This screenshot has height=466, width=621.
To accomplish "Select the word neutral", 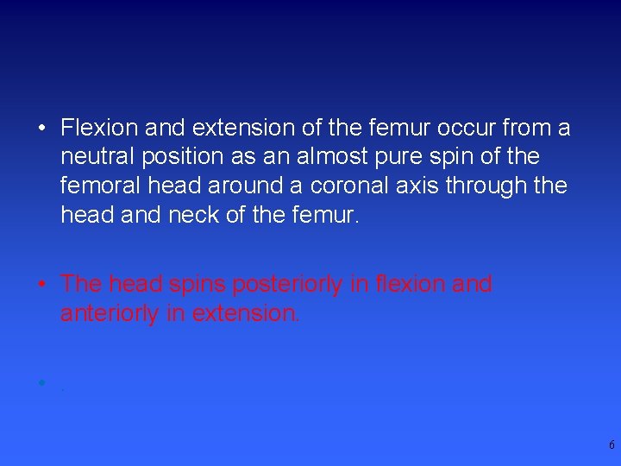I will (x=95, y=157).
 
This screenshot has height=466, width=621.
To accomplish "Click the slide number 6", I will (x=612, y=445).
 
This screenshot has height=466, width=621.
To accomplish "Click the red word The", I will (x=81, y=284).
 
